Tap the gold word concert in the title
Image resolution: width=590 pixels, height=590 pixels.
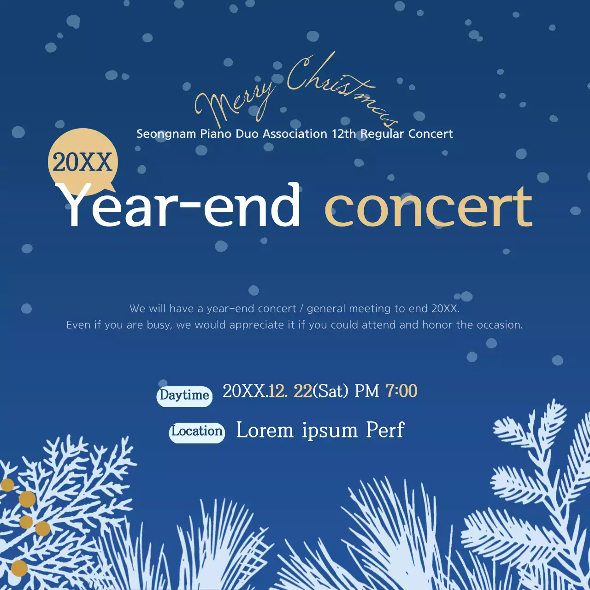(x=428, y=208)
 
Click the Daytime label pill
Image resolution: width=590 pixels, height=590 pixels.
(x=184, y=395)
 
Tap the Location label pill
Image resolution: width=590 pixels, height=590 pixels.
(x=197, y=432)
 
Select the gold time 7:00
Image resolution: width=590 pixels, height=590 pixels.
(x=401, y=391)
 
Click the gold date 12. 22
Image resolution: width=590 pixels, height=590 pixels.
(x=290, y=391)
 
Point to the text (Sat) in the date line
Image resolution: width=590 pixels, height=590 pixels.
(x=330, y=391)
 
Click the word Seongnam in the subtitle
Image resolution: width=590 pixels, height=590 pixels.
(x=166, y=134)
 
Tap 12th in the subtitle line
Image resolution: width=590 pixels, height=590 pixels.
(x=344, y=134)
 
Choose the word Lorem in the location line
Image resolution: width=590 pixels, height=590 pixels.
(x=265, y=431)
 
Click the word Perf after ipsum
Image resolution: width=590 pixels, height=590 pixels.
(x=385, y=430)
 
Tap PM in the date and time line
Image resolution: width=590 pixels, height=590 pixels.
(x=367, y=391)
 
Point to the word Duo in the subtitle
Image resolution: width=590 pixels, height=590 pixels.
(x=247, y=134)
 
